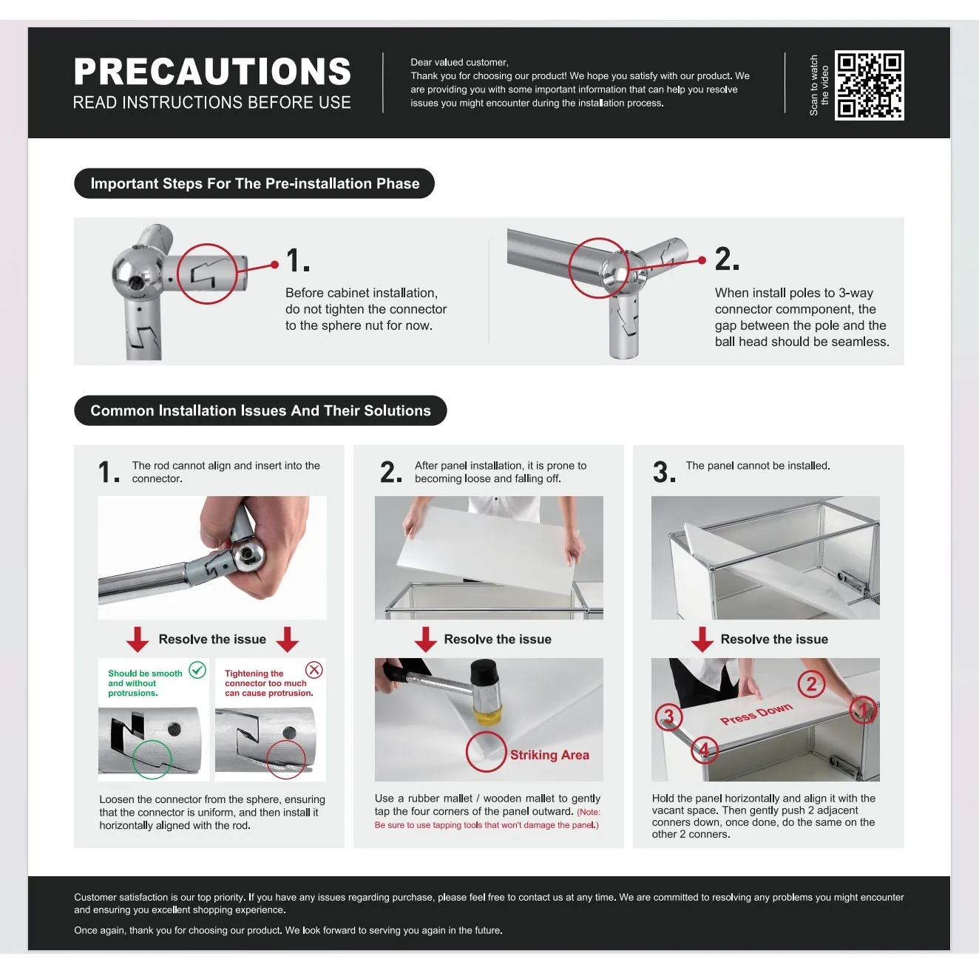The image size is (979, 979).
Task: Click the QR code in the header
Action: coord(869,85)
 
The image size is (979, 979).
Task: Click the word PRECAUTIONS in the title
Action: coord(212,71)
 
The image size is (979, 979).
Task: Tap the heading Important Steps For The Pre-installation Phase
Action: coord(254,183)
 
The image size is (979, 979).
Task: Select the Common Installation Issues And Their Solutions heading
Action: coord(260,410)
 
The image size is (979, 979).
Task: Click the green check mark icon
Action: coord(197,670)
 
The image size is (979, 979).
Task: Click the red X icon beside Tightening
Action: coord(314,670)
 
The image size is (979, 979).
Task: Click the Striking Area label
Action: coord(549,755)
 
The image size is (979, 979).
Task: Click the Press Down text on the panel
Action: coord(756,714)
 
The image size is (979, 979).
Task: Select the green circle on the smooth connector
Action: coord(152,741)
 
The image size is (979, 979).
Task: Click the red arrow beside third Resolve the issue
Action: coord(702,639)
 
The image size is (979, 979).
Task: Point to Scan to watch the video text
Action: coord(819,85)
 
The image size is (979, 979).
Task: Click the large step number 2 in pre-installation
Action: coord(727,259)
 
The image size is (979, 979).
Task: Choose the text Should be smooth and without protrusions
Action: coord(146,683)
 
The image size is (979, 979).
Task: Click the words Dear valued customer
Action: coord(459,63)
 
